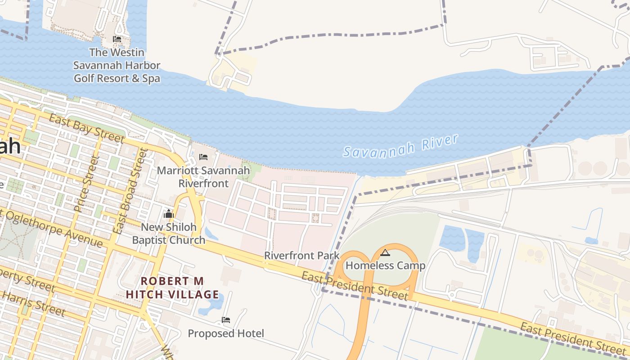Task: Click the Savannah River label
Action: [400, 146]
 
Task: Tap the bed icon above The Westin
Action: [117, 39]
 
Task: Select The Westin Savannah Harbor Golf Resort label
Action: [117, 65]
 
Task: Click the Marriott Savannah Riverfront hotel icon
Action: [203, 157]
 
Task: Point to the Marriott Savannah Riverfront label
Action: [203, 177]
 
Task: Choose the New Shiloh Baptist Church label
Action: [169, 233]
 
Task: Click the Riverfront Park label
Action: [301, 256]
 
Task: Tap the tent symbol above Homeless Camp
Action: [385, 252]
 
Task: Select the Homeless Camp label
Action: [385, 265]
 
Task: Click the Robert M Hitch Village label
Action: [172, 288]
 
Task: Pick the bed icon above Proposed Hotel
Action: [226, 320]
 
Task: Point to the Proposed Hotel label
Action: [226, 333]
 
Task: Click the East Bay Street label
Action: [86, 128]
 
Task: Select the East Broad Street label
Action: [130, 191]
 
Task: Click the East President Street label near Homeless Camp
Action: [355, 285]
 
